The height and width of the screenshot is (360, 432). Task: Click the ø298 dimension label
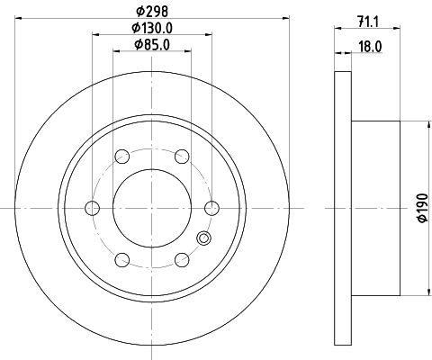tap(151, 10)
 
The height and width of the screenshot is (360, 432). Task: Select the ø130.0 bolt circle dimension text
tap(151, 28)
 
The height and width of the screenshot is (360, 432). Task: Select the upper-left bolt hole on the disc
tap(121, 156)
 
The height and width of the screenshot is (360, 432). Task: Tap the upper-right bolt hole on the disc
tap(181, 156)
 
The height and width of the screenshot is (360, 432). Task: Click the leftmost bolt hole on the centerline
tap(92, 208)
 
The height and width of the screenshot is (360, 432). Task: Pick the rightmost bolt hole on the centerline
tap(211, 208)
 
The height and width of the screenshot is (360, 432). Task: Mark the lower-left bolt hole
tap(121, 260)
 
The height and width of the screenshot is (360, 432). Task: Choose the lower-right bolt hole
tap(181, 260)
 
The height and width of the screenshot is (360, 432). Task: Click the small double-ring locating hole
tap(203, 238)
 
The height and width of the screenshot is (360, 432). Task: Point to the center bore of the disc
tap(151, 208)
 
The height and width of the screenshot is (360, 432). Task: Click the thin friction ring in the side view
tap(342, 208)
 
